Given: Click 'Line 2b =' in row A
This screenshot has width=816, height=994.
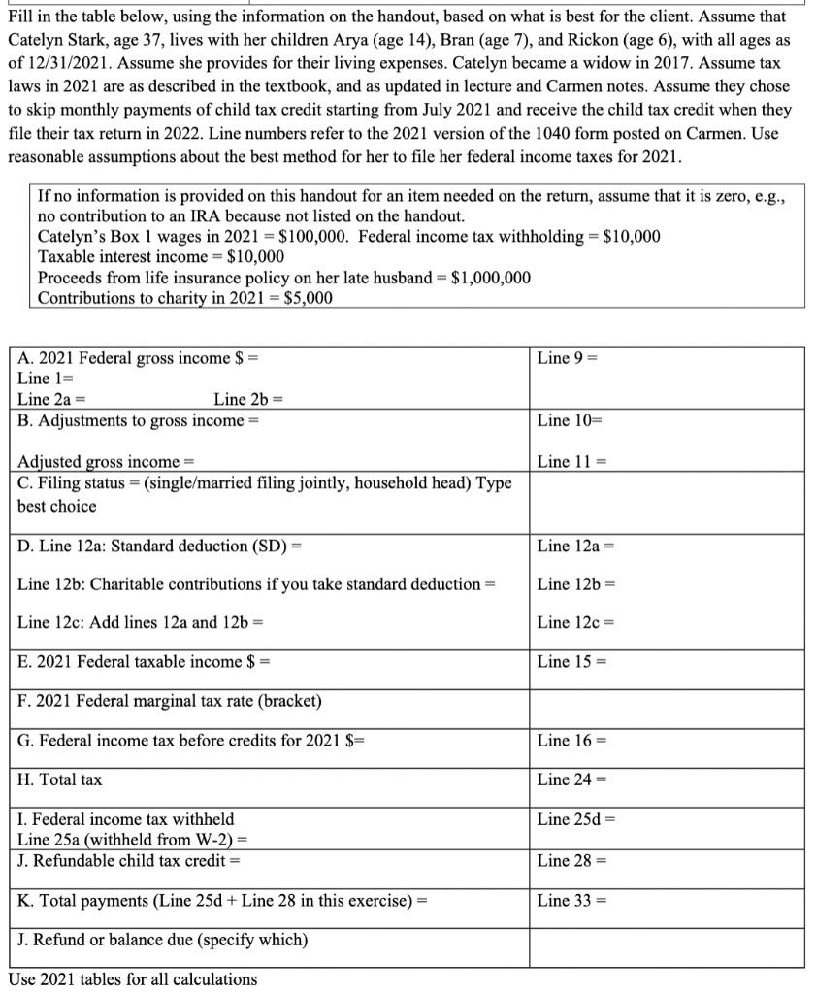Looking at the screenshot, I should point(247,399).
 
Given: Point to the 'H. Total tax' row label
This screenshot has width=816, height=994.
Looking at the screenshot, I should point(60,780).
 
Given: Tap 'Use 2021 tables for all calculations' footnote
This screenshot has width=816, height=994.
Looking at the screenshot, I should point(133,978).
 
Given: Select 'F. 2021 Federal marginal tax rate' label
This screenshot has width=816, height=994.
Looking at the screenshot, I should point(170,701).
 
